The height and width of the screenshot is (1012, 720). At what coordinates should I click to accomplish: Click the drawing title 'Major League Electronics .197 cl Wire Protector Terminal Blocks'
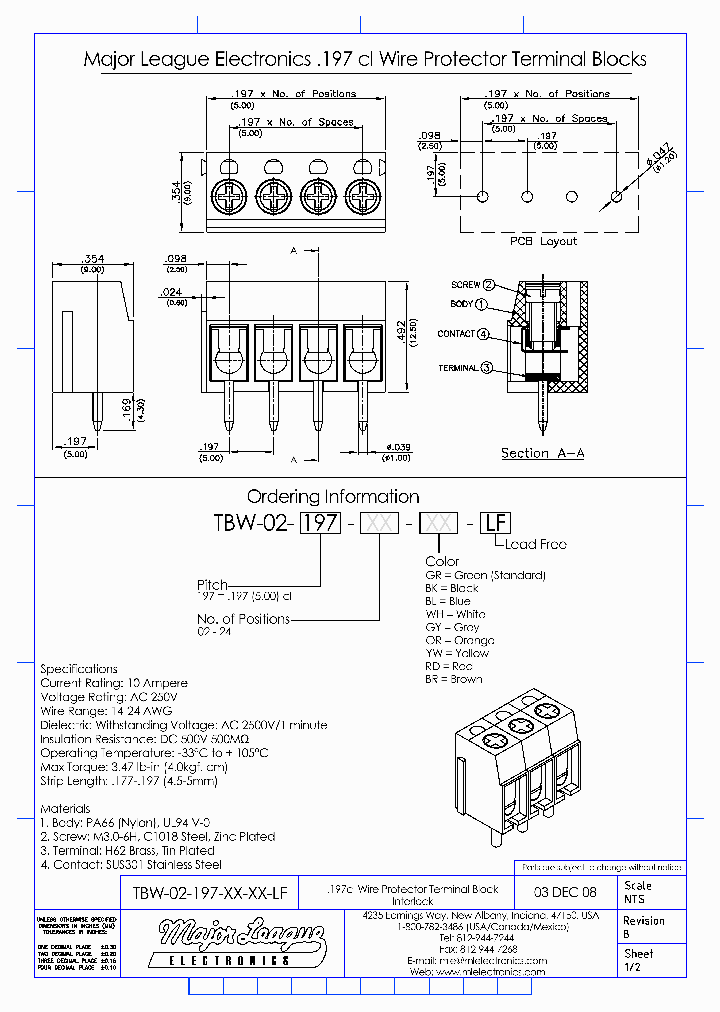[x=364, y=60]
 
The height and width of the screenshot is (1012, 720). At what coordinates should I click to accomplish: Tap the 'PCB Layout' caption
[x=543, y=242]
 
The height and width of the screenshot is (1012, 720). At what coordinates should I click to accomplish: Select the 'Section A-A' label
[x=542, y=453]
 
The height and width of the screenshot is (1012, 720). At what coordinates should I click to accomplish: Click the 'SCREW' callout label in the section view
[x=465, y=285]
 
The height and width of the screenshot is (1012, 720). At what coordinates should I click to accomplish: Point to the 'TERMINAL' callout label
[x=458, y=368]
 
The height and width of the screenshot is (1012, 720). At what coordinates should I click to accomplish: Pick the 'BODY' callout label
[x=461, y=304]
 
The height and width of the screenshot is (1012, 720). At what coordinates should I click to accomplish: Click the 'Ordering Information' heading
[x=333, y=497]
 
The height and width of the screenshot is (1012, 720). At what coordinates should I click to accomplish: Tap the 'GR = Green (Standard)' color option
[x=485, y=575]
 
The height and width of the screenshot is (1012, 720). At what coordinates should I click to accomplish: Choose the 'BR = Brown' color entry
[x=453, y=679]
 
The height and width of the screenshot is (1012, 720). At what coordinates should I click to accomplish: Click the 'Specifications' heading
[x=79, y=669]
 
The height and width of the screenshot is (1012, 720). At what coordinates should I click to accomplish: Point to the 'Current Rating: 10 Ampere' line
[x=114, y=683]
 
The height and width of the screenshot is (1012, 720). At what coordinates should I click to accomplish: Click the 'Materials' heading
[x=65, y=808]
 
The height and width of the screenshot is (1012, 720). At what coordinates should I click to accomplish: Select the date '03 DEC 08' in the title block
[x=567, y=892]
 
